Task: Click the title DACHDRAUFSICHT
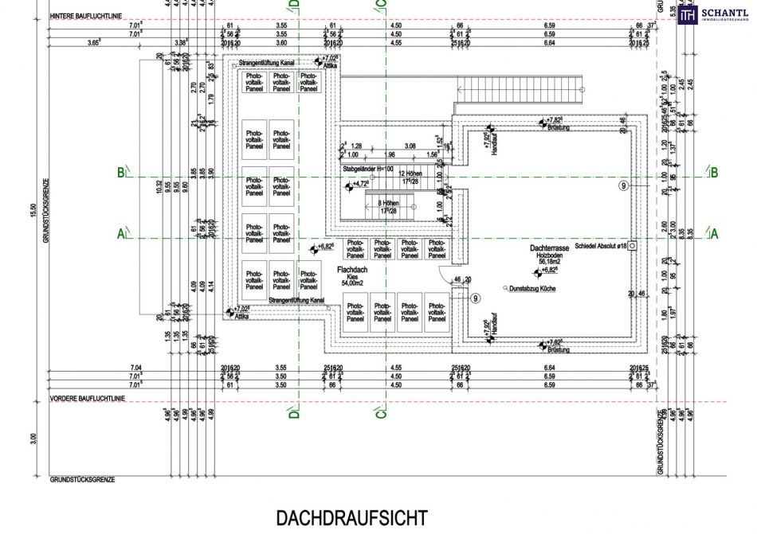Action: [351, 518]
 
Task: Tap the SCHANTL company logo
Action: [714, 14]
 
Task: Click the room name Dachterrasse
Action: [548, 249]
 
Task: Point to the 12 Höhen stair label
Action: [410, 173]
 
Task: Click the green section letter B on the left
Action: [120, 172]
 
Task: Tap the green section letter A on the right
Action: [714, 233]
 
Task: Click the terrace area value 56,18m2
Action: [548, 261]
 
